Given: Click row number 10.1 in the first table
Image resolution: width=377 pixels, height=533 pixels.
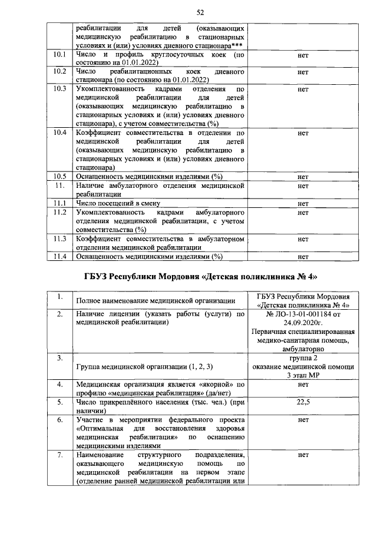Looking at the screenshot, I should [x=59, y=55].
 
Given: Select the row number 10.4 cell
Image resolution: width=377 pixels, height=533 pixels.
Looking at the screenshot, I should [x=59, y=133].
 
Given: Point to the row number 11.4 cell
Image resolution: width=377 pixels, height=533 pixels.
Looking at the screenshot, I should [x=59, y=256].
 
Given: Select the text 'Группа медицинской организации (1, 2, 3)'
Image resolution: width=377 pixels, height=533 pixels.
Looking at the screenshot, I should [x=144, y=367].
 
